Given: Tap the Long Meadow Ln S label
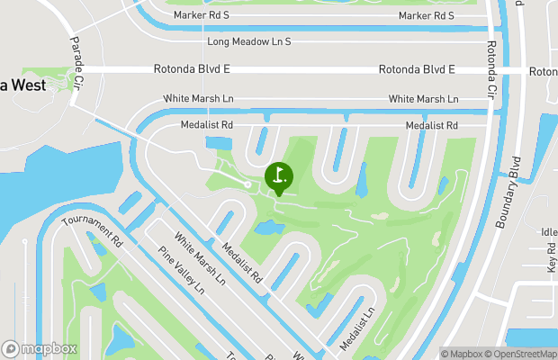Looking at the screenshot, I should (x=249, y=42).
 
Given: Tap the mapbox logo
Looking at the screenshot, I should (x=40, y=348).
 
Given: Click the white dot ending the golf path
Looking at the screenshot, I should (x=248, y=184).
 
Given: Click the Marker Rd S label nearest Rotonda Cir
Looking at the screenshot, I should (x=427, y=16).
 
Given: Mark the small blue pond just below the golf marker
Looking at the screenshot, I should (x=267, y=228).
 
